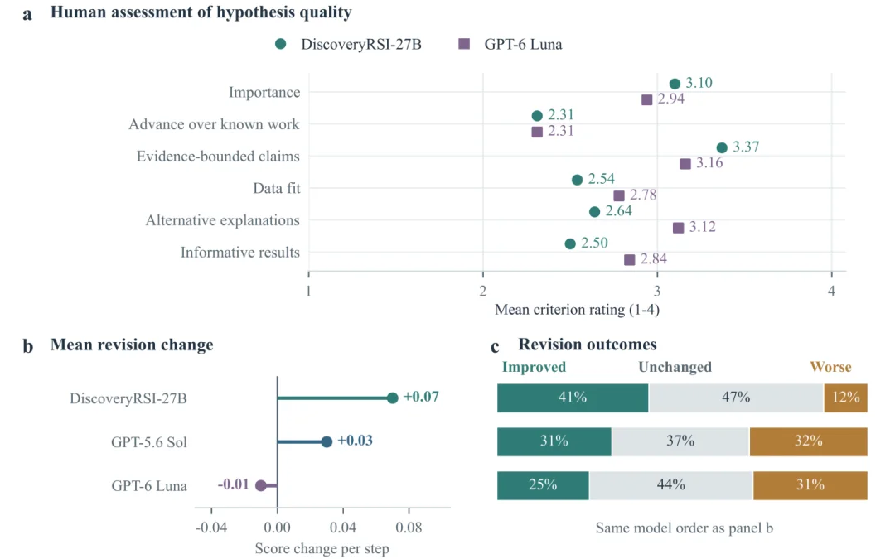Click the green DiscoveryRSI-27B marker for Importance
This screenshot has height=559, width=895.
point(675,84)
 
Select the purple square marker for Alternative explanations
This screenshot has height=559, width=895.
point(678,228)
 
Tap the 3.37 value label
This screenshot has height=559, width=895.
point(746,147)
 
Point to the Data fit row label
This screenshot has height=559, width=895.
point(276,188)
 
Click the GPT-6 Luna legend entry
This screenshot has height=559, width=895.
point(510,45)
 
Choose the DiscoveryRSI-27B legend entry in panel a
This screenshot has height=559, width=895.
point(348,45)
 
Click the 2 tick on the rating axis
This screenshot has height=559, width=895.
point(483,291)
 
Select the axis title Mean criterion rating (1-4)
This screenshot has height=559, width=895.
point(577,310)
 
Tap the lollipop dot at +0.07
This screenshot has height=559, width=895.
point(392,398)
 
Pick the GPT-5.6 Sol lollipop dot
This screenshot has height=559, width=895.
point(327,441)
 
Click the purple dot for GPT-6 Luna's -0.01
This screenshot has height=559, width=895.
point(261,485)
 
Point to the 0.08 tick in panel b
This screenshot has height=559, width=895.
point(409,528)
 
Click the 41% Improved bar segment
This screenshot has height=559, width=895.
point(573,398)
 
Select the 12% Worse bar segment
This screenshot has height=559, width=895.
point(846,398)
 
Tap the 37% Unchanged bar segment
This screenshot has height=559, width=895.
point(680,441)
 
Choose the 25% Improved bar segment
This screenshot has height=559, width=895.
point(543,485)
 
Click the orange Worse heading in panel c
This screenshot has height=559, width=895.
point(830,367)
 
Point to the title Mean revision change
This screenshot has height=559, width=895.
point(132,345)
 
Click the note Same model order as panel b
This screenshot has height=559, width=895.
point(685,528)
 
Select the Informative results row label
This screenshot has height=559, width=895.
point(239,253)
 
